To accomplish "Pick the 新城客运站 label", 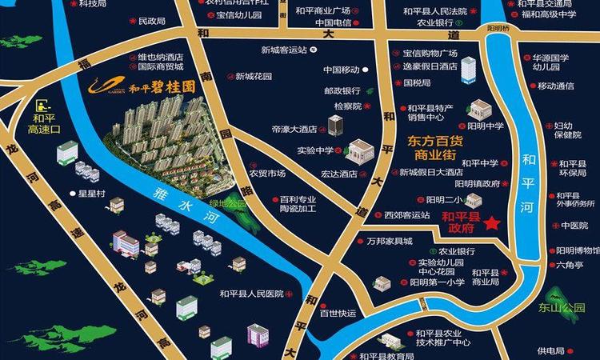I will tap(284, 50).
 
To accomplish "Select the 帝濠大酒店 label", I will tap(294, 128).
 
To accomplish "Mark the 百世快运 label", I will tap(337, 313).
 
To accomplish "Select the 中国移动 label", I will tap(342, 70).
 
